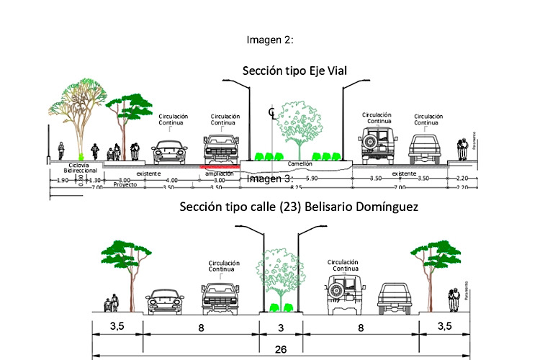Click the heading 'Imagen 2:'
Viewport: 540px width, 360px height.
269,40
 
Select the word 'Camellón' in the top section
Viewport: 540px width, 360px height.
320,164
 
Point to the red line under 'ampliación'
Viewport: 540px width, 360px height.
220,166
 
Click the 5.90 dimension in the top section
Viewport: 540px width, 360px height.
311,178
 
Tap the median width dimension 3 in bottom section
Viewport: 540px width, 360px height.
281,326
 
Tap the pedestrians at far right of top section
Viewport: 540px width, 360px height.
462,150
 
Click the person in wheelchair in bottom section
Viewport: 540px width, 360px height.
109,305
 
